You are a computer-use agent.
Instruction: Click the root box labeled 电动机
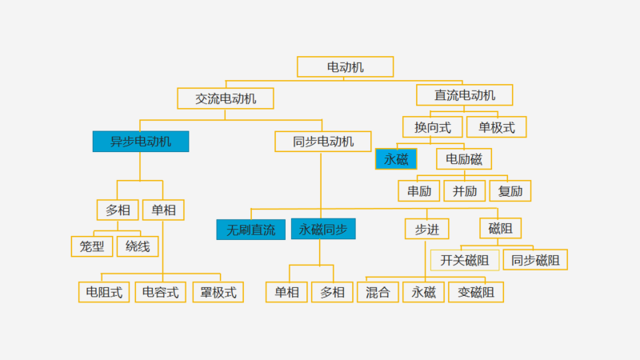(345, 67)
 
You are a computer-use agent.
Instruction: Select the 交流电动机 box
(226, 98)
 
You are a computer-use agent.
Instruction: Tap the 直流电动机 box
(464, 95)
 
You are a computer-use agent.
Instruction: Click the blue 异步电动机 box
(141, 142)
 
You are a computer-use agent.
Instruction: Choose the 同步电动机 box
(322, 142)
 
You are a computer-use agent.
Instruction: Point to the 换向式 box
(433, 126)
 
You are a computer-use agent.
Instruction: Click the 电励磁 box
(464, 158)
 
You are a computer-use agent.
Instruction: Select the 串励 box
(419, 190)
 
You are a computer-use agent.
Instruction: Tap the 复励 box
(510, 190)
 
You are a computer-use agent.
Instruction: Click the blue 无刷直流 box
(250, 230)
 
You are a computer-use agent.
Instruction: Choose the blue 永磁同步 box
(323, 230)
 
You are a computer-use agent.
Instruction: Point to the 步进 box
(426, 229)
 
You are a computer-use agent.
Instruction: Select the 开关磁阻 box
(465, 260)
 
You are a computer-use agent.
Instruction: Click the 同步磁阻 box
(535, 260)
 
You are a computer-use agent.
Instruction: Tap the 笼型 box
(92, 246)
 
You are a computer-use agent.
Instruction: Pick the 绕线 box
(138, 246)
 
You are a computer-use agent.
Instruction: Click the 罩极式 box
(218, 292)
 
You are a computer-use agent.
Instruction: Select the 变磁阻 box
(476, 292)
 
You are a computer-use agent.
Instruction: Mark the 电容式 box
(160, 292)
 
